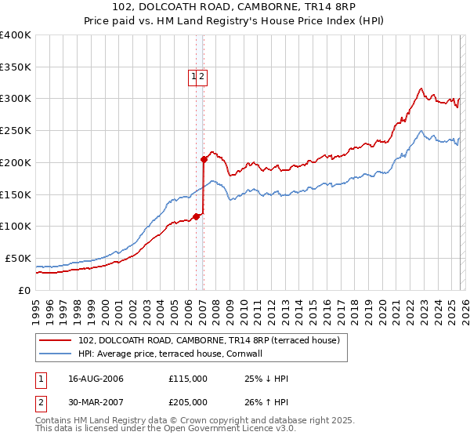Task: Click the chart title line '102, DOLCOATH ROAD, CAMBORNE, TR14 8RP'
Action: [234, 9]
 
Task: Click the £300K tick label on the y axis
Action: [15, 99]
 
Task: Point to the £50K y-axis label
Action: [18, 258]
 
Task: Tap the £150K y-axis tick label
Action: [15, 194]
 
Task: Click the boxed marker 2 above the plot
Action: [202, 76]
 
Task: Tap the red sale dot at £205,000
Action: [204, 159]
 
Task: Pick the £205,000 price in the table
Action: [188, 403]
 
